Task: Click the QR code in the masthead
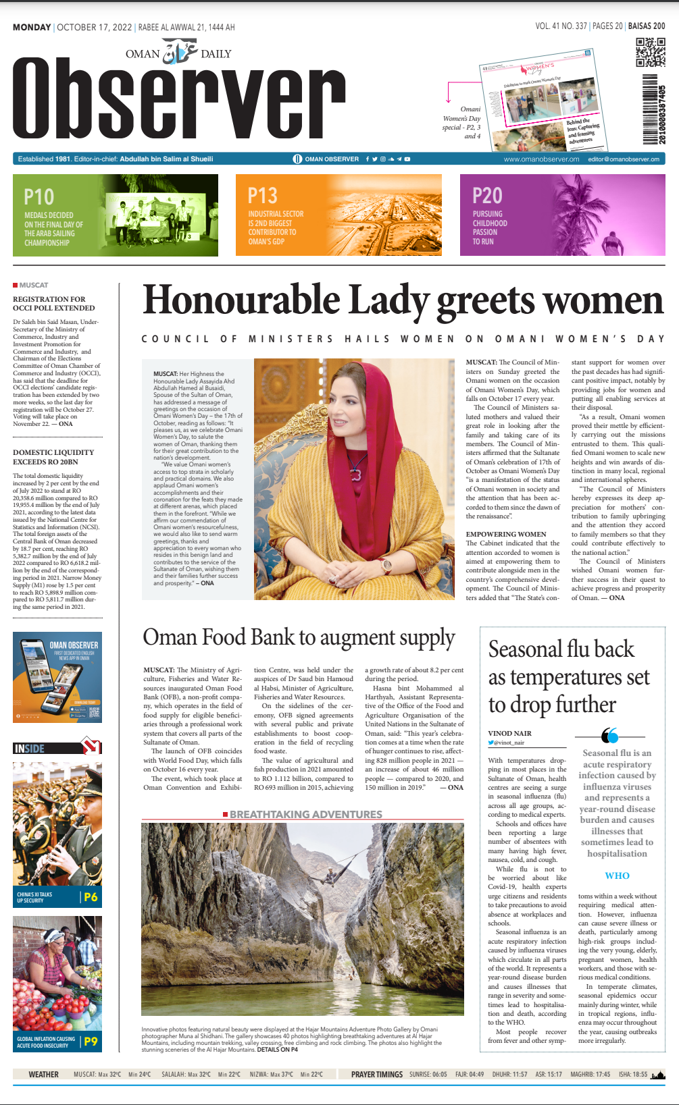[x=651, y=53]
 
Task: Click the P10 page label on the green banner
[x=39, y=196]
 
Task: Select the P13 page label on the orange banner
[x=262, y=196]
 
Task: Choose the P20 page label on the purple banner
[x=487, y=196]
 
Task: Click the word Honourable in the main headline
[x=241, y=301]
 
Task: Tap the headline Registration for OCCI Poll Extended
[x=49, y=303]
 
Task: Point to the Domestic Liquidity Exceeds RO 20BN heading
[x=53, y=457]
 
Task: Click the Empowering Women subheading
[x=506, y=534]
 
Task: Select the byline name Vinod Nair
[x=509, y=733]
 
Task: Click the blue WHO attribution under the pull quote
[x=617, y=875]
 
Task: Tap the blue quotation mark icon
[x=609, y=735]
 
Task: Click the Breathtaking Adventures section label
[x=305, y=815]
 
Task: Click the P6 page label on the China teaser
[x=91, y=897]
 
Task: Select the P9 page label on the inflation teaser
[x=91, y=1042]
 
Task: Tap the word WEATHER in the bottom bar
[x=44, y=1074]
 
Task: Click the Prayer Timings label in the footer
[x=376, y=1074]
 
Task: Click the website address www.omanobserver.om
[x=541, y=159]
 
